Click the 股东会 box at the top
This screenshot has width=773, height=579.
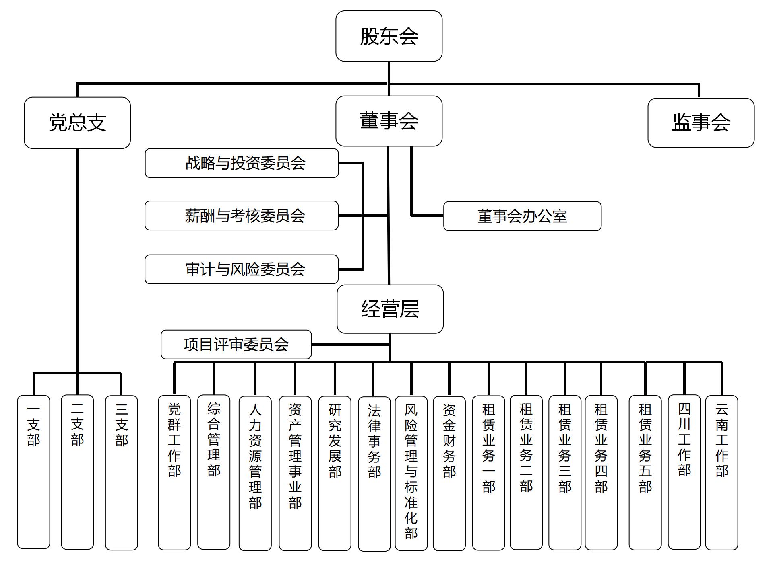point(389,36)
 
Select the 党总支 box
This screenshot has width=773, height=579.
point(77,123)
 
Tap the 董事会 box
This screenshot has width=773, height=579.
point(389,121)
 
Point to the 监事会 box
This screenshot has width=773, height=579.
point(701,123)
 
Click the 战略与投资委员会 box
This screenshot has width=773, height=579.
point(242,163)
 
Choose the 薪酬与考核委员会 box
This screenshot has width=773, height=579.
point(242,216)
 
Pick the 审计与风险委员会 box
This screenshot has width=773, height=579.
point(242,269)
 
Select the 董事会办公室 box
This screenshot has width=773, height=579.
point(522,216)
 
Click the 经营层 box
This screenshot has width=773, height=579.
point(390,309)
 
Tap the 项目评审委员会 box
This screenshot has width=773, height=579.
point(236,345)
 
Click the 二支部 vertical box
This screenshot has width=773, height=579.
point(77,472)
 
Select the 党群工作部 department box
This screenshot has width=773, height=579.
point(174,472)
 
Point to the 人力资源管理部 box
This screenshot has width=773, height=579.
point(255,472)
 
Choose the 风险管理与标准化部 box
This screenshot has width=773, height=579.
point(411,472)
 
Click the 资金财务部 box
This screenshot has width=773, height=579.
point(449,472)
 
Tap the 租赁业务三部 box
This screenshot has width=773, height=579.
point(565,472)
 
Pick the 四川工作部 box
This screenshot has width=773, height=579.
point(684,472)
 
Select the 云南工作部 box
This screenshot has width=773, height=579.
point(721,472)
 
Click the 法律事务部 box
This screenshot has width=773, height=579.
point(374,472)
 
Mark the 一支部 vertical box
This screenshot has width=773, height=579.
point(34,472)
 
